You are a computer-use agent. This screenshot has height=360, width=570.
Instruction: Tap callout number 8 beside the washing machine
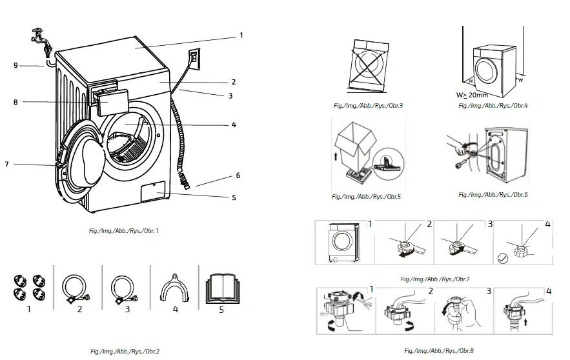pos(14,101)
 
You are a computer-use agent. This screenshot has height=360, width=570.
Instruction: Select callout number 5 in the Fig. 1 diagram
pos(234,197)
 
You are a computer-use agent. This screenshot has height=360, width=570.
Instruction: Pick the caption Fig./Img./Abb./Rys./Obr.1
pos(124,230)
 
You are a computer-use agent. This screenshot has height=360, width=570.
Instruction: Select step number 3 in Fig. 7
pos(490,225)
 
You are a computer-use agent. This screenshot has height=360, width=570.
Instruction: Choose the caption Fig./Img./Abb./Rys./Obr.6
pos(493,194)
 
